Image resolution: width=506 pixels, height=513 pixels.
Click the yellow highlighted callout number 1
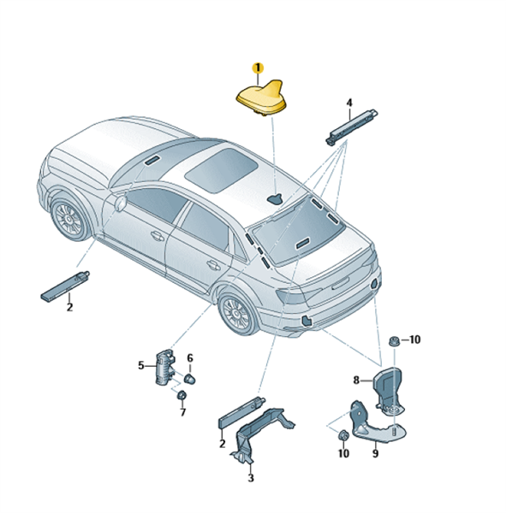[258, 68]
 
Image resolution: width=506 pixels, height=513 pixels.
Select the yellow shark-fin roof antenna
[262, 97]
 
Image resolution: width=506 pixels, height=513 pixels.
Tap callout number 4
[349, 103]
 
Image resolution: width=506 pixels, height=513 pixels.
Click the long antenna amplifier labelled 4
[352, 127]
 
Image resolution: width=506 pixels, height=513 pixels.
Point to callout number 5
[141, 365]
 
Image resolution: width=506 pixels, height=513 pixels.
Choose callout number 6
[190, 358]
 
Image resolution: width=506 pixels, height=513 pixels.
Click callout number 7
[183, 412]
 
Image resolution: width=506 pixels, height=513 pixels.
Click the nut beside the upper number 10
[394, 341]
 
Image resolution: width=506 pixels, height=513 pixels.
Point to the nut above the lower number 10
[342, 435]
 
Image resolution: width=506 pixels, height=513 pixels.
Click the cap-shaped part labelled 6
[190, 379]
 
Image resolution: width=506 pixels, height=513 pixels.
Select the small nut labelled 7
[182, 395]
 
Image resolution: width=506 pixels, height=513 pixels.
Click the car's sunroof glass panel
[221, 170]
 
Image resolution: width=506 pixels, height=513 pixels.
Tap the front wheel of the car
[69, 217]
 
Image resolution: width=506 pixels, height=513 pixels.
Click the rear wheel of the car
[237, 312]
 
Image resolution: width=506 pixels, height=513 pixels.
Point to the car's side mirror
[120, 202]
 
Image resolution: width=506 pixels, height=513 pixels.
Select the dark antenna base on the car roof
[275, 198]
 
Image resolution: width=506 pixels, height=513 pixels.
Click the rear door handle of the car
[213, 265]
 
